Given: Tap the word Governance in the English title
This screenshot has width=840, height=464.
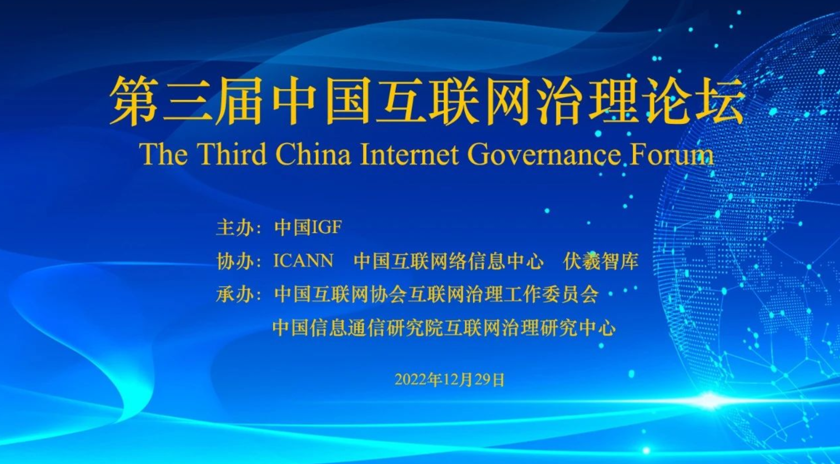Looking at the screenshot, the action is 544,154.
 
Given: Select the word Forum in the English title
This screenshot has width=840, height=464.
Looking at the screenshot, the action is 671,154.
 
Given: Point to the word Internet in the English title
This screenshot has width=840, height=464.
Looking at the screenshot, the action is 409,154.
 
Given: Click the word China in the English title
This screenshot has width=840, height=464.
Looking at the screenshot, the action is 313,154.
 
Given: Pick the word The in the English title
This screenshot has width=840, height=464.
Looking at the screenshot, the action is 163,154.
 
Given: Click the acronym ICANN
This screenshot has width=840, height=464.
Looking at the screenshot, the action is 303,261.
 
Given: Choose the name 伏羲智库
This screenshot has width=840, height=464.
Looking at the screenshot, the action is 600,261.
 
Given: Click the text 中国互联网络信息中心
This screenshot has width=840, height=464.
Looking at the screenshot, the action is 449,261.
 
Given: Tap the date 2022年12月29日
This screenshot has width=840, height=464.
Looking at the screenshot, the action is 450,380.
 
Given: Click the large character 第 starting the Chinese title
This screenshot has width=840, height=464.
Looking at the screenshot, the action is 134,100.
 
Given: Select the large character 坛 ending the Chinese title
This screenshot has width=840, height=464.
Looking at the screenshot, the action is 720,100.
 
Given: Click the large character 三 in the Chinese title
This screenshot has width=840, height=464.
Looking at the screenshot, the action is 187,100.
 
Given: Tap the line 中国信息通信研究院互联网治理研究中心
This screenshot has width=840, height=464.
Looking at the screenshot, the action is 444,328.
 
